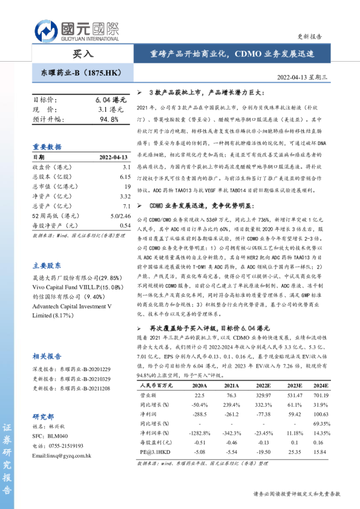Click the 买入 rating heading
point(82,54)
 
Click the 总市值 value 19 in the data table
point(127,187)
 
